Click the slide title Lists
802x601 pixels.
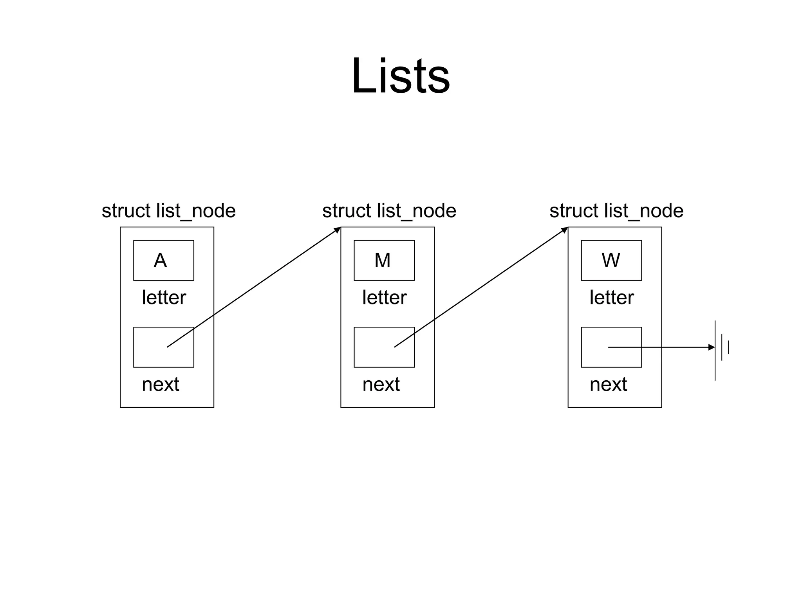pos(400,76)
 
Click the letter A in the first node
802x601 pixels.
pos(160,260)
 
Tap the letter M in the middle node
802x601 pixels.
pos(382,260)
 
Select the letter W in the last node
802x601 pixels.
pos(611,260)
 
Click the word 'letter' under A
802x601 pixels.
pos(164,297)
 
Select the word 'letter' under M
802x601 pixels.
pos(384,297)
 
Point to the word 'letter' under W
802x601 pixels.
pos(611,297)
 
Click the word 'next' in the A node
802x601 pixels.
pos(160,384)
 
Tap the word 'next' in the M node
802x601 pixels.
pos(381,384)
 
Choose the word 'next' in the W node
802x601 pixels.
pos(608,384)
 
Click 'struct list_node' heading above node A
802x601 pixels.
pos(168,211)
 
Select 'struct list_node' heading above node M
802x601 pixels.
pos(389,211)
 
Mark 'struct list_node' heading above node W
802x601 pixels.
pos(616,211)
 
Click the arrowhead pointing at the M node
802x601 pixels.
pos(338,230)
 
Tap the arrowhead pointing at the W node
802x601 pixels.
pos(565,230)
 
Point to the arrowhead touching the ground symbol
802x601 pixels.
pos(712,347)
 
